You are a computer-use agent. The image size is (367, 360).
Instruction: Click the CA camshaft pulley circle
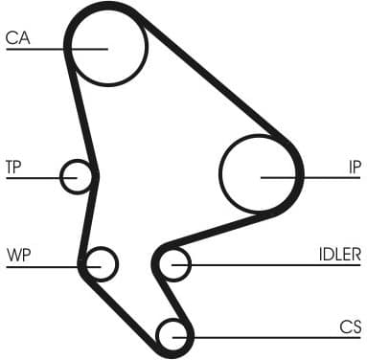[107, 45]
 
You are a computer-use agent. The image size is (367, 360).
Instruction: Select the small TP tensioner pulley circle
[77, 176]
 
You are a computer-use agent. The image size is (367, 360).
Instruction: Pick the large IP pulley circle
[260, 174]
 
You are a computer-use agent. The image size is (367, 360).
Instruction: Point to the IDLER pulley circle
[173, 263]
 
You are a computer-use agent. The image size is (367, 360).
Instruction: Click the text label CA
[17, 38]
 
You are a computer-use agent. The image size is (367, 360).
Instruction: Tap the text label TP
[13, 168]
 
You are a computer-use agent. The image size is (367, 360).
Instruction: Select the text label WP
[17, 255]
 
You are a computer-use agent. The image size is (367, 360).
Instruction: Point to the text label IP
[354, 168]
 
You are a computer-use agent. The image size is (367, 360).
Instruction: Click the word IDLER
[339, 255]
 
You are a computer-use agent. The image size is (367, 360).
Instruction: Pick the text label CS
[350, 326]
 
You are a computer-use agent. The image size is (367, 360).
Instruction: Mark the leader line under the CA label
[38, 49]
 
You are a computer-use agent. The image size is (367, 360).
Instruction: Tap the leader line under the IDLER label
[287, 264]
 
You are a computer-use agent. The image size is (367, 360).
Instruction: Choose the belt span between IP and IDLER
[220, 226]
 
